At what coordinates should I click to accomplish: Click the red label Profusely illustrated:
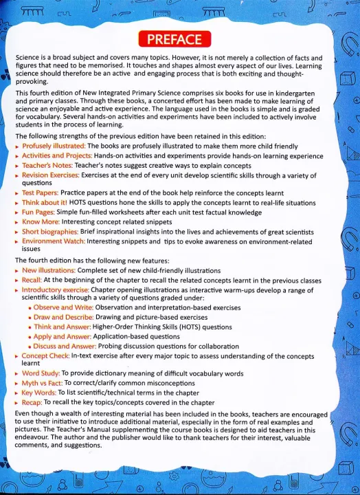50,146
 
